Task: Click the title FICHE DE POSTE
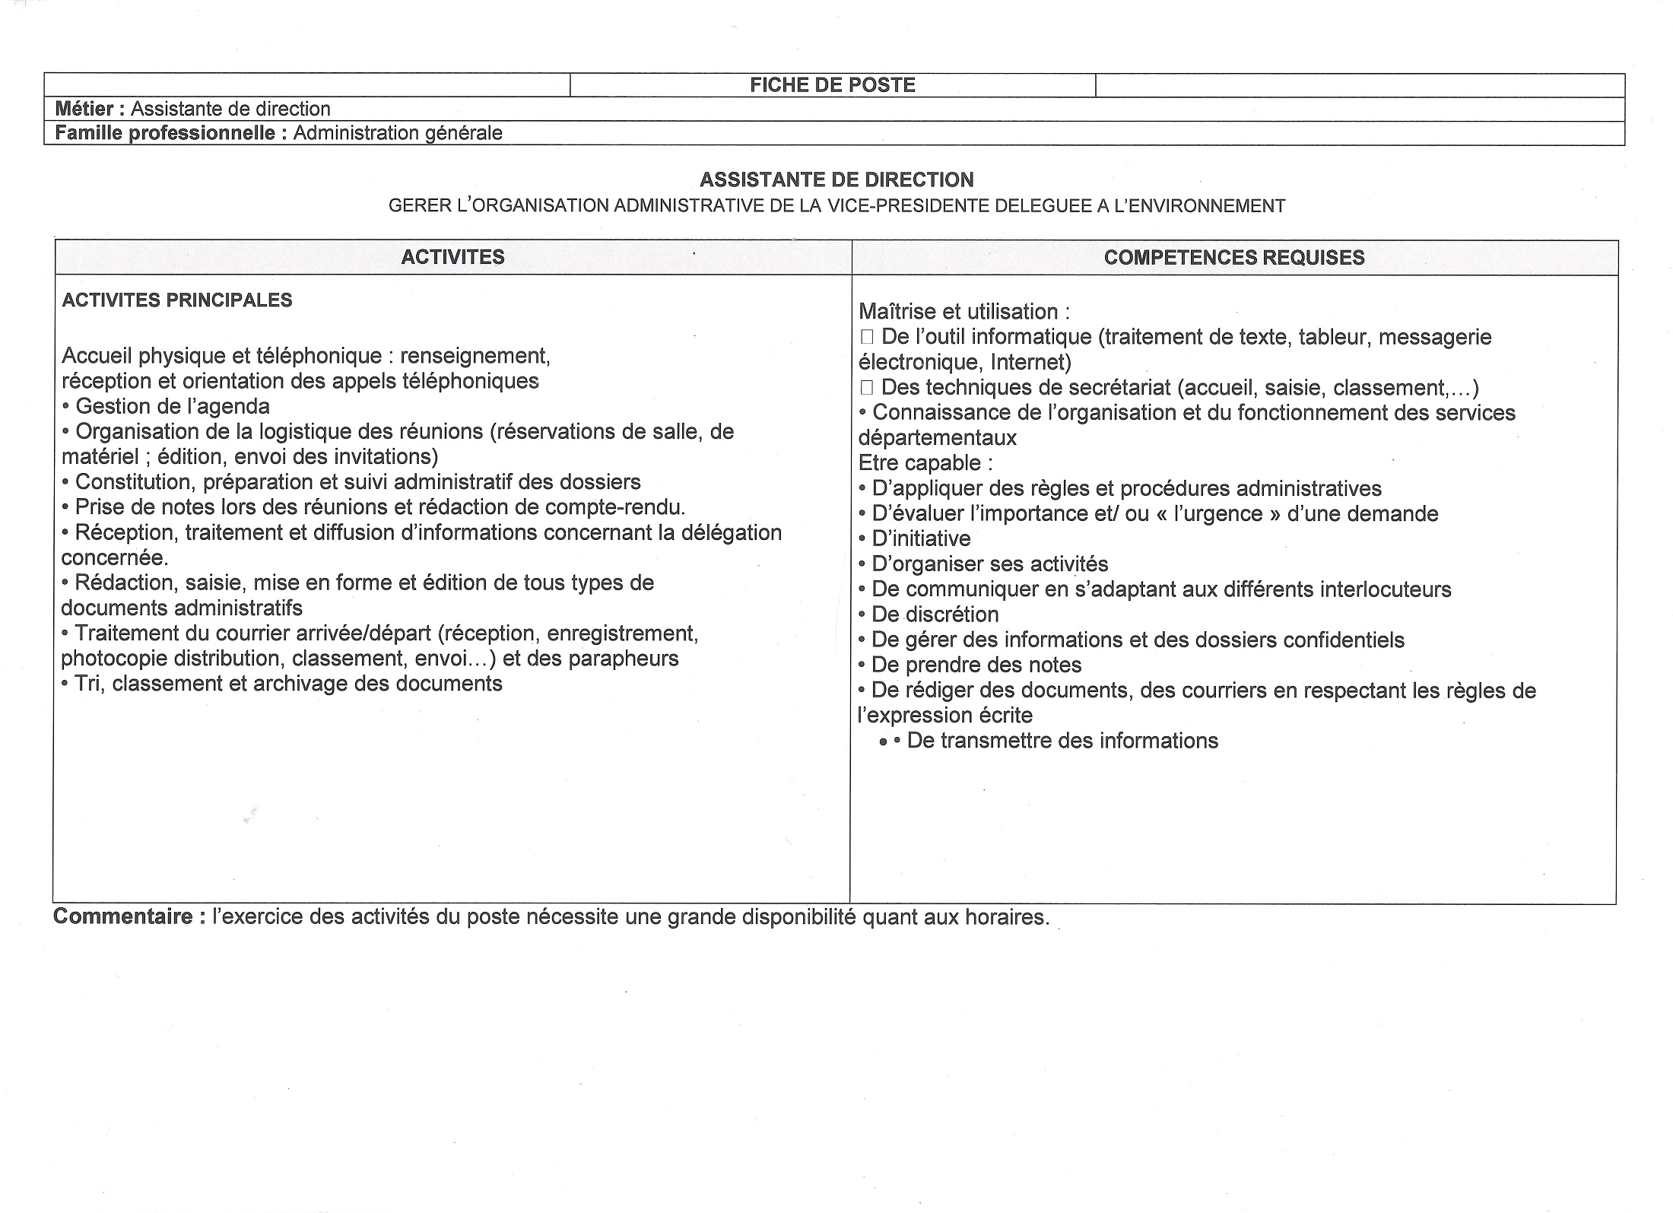click(x=832, y=85)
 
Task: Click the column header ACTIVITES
click(x=452, y=257)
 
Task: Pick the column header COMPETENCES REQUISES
click(x=1233, y=258)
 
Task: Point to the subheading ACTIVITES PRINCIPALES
click(x=176, y=300)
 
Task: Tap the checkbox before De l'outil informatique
click(x=866, y=337)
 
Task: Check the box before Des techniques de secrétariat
click(x=866, y=388)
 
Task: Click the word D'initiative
click(x=921, y=539)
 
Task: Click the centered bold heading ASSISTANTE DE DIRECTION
click(x=836, y=180)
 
